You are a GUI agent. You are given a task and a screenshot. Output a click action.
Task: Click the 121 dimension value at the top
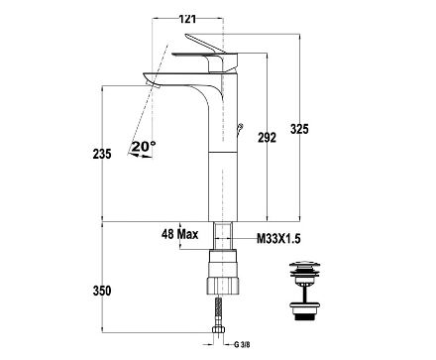click(187, 19)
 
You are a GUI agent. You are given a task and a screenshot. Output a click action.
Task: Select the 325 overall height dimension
click(299, 129)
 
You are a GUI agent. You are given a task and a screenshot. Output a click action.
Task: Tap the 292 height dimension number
click(267, 137)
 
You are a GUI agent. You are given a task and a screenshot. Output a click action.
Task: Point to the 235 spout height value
click(102, 154)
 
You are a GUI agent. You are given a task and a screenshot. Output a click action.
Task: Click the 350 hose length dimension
click(102, 291)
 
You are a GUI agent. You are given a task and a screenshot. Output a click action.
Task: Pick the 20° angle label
click(144, 146)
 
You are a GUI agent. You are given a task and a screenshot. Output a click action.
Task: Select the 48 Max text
click(180, 234)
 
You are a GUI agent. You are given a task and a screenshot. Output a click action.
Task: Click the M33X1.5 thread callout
click(278, 238)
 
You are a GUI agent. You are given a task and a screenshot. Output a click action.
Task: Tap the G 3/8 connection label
click(242, 345)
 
